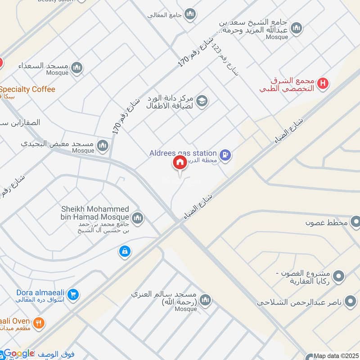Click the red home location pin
180,163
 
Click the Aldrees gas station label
183,153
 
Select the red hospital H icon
322,83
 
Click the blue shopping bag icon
125,252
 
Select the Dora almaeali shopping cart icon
74,295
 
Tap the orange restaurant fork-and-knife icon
39,322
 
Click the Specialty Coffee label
27,89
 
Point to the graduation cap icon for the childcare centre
202,100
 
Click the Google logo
19,354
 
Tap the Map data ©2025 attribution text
336,356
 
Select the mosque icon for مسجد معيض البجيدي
103,146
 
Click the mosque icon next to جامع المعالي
190,15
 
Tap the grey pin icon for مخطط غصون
355,222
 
